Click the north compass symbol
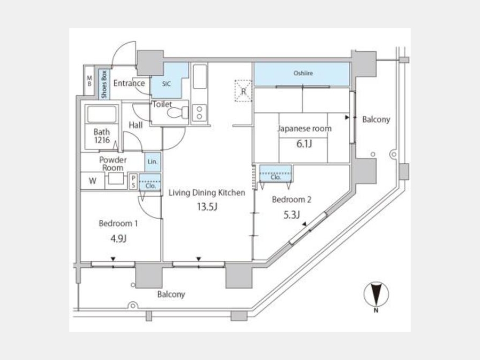tap(376, 294)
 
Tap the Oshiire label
tap(303, 73)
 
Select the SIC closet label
tap(166, 84)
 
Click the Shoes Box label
tap(104, 84)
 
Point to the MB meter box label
tap(90, 81)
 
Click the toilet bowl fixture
tap(178, 113)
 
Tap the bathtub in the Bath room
tap(102, 114)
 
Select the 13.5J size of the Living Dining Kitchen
tap(207, 207)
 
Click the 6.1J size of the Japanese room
tap(304, 143)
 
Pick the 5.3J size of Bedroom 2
tap(291, 215)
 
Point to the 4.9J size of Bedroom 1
tap(118, 238)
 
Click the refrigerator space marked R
tap(243, 91)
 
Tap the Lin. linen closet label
tap(153, 161)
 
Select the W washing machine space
tap(92, 181)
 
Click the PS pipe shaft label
tap(133, 181)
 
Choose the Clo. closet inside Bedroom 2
tap(276, 173)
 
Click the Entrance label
tap(129, 83)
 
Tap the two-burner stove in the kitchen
tap(199, 113)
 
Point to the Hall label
tap(135, 125)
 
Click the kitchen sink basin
tap(200, 76)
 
